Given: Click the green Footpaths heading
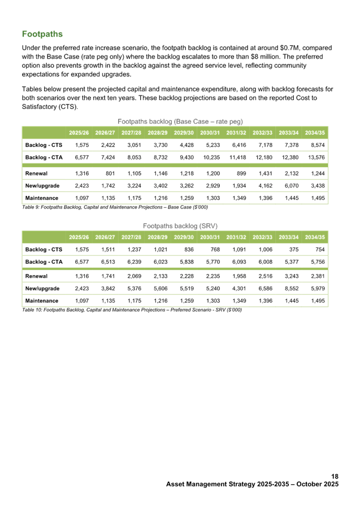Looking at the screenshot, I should (x=42, y=34).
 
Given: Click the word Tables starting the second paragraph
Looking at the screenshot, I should (x=31, y=89).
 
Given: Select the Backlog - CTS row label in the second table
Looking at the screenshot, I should (x=44, y=249).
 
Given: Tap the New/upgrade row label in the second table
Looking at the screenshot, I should (x=43, y=289).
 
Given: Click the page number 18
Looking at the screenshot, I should (x=335, y=477).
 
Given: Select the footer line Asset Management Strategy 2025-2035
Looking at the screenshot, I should (x=252, y=484).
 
